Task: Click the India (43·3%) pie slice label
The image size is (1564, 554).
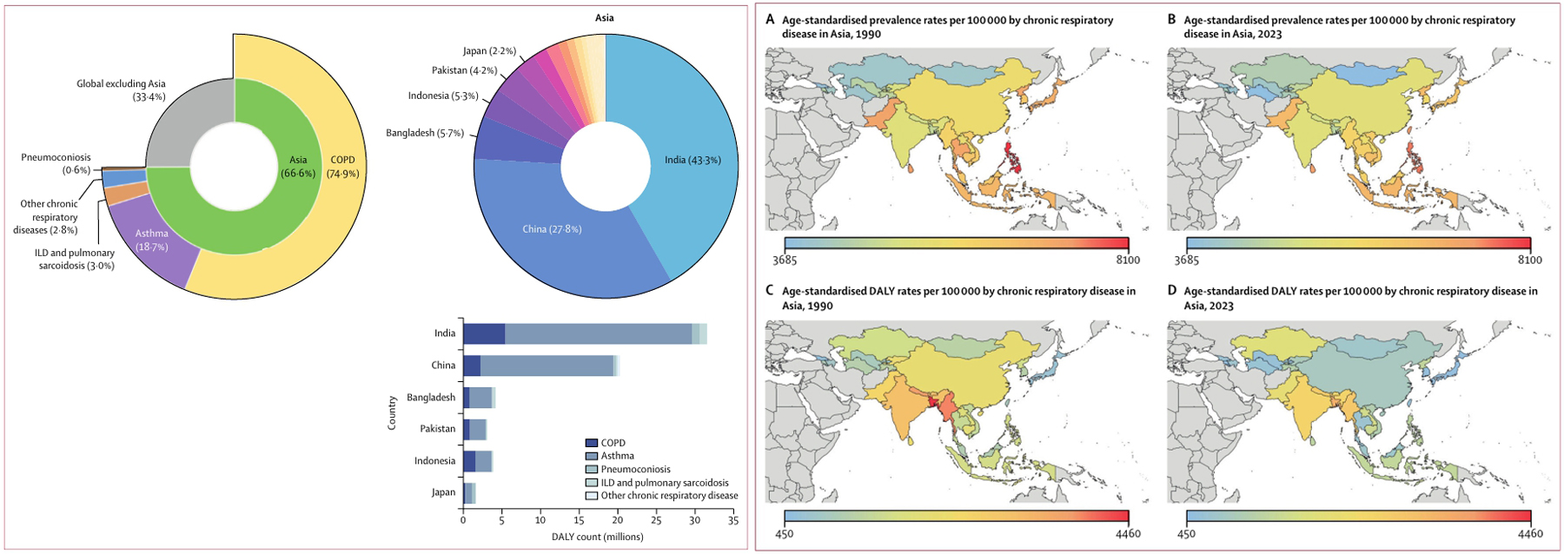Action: (x=693, y=160)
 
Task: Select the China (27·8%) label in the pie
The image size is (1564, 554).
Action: (x=552, y=229)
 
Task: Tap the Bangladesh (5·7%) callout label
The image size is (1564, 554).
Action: (x=425, y=133)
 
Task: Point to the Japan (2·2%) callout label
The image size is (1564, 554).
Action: (x=489, y=51)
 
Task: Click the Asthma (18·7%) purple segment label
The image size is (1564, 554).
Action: (x=151, y=240)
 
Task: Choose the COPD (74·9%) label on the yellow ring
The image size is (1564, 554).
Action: (x=342, y=166)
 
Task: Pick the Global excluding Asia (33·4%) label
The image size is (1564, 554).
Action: (x=121, y=89)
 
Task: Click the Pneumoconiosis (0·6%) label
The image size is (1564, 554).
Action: (x=56, y=163)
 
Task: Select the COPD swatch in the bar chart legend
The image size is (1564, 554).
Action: (x=592, y=443)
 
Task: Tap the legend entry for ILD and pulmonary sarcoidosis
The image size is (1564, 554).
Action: (x=665, y=483)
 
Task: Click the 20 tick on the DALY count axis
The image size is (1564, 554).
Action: (x=617, y=521)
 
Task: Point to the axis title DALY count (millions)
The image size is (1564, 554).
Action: (x=597, y=537)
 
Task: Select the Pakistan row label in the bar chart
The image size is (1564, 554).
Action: (x=437, y=429)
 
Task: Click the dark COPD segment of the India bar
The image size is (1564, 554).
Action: (x=483, y=333)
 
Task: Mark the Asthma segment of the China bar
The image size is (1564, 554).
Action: (x=547, y=366)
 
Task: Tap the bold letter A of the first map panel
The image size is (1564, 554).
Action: (x=770, y=20)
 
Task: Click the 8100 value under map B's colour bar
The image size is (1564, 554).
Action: (x=1529, y=260)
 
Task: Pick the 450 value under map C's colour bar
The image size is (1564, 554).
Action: (x=784, y=533)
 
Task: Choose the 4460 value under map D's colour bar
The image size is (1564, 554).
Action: (x=1529, y=533)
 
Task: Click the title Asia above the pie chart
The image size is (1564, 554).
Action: (x=604, y=17)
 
